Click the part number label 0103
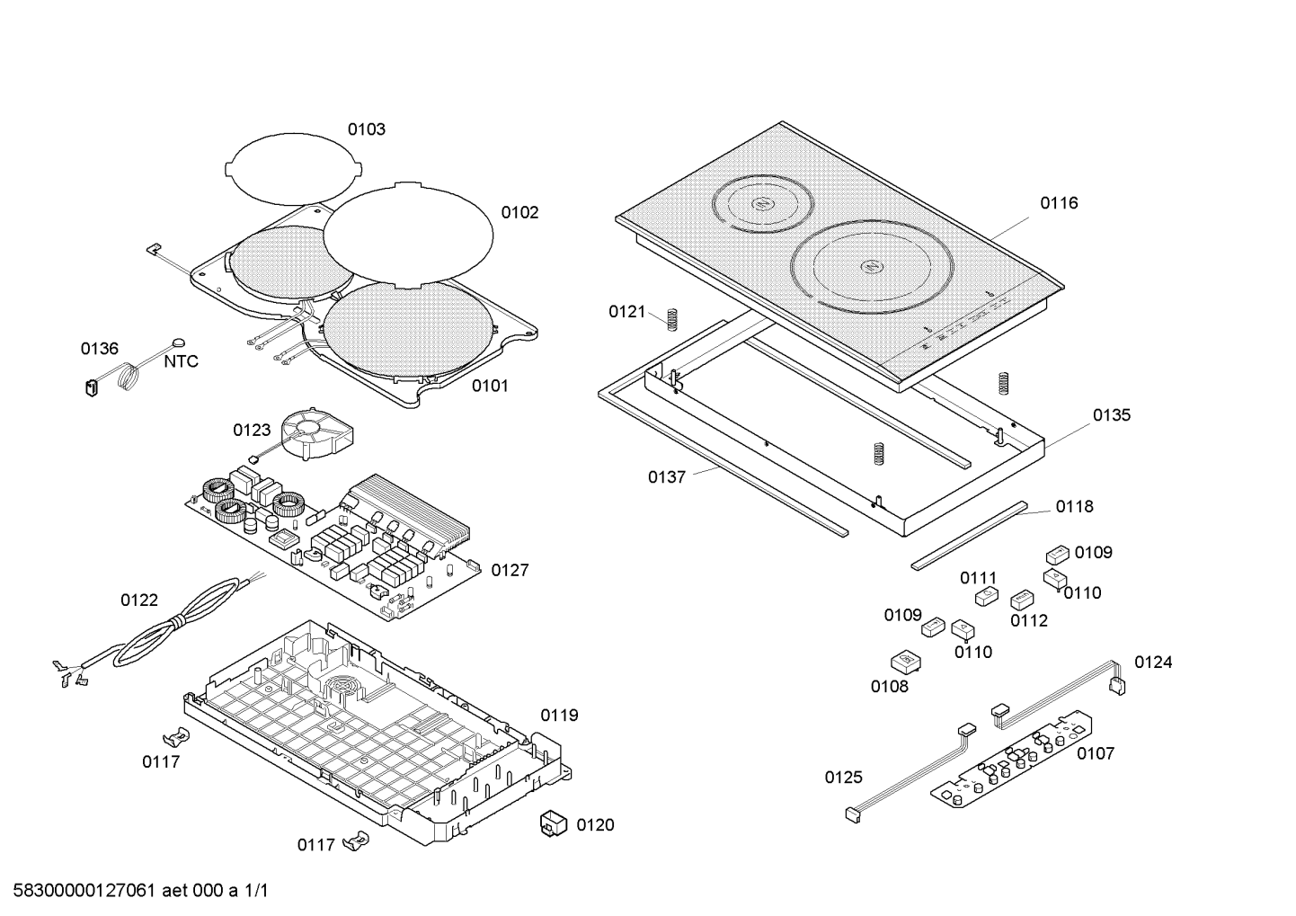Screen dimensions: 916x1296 (x=367, y=129)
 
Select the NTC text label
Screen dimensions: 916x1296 (x=181, y=362)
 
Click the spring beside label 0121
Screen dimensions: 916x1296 (x=670, y=316)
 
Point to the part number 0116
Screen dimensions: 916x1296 (x=1059, y=203)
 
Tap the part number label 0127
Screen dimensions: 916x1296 (x=510, y=570)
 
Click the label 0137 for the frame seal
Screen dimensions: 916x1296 (x=667, y=477)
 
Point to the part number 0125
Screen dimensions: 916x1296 (x=843, y=778)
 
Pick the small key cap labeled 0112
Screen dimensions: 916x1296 (x=1023, y=600)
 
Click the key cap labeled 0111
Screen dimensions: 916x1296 (x=986, y=596)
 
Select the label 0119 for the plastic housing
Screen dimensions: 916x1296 (x=559, y=716)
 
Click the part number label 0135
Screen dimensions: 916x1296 (x=1112, y=415)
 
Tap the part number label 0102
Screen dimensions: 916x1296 (x=519, y=213)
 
